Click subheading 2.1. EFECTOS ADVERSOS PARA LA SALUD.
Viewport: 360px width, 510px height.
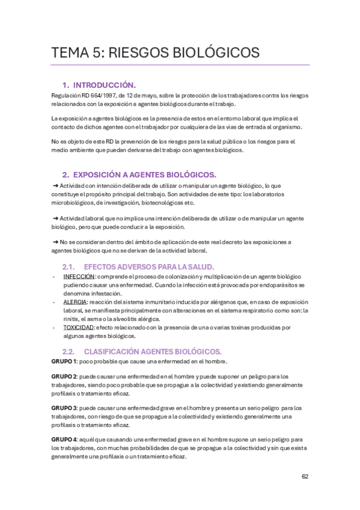tap(138, 266)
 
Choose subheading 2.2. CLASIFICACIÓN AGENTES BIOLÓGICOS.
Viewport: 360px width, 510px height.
tap(142, 351)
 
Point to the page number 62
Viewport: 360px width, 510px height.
tap(305, 476)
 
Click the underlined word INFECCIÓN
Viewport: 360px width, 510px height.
tap(79, 276)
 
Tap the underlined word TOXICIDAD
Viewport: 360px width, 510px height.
tap(78, 328)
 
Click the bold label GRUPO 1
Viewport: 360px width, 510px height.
tap(64, 361)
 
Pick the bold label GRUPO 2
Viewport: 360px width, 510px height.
tap(64, 376)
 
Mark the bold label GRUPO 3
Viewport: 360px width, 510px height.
tap(64, 408)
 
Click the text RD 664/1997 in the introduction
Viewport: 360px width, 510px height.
tap(100, 95)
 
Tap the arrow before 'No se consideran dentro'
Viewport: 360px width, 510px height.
tap(55, 242)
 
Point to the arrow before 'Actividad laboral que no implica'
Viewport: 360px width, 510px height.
tap(55, 218)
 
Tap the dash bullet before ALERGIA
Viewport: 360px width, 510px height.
tap(55, 302)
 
